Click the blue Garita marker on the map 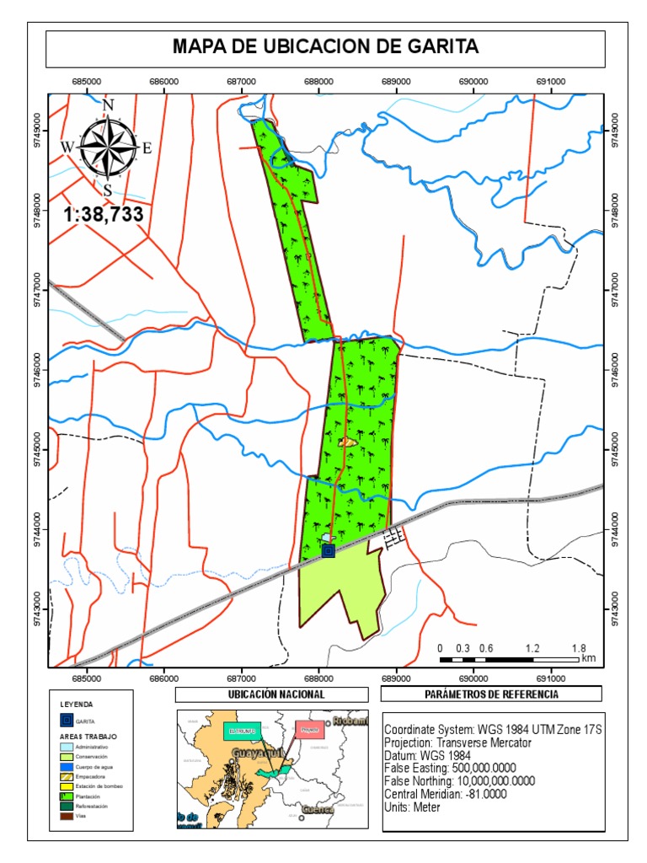coord(328,551)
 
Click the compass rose coord(107,147)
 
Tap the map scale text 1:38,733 coord(103,215)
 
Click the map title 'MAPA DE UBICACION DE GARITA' coord(325,47)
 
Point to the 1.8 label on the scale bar coord(579,648)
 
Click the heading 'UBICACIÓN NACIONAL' coord(271,694)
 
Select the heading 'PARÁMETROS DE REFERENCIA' coord(492,694)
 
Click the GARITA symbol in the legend coord(66,721)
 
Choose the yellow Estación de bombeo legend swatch coord(66,785)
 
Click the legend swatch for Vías coord(66,816)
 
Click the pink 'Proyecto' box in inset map coord(311,731)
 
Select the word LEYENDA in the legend coord(77,703)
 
